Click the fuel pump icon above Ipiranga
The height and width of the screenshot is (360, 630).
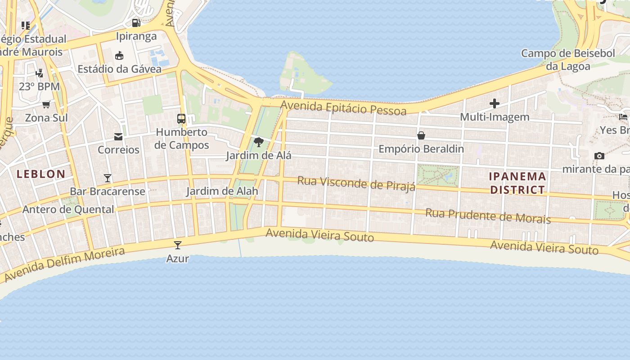136,22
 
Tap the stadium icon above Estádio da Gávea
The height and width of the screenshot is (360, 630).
119,56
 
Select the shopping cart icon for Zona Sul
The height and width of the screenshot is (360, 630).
46,105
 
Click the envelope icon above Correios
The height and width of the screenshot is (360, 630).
118,136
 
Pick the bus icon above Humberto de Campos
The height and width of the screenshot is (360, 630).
181,119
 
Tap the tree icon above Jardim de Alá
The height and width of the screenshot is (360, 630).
258,143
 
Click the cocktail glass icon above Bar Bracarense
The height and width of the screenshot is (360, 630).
108,178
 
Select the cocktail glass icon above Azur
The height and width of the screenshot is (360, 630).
178,245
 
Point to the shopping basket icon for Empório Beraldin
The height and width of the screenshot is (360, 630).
421,135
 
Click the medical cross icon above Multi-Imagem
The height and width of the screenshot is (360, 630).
495,104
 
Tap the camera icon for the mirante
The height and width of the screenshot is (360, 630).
599,156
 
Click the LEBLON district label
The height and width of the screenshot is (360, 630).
41,174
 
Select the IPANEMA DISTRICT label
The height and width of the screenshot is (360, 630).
517,183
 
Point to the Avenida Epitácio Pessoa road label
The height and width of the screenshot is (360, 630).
343,108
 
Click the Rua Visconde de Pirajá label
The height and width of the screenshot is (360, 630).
356,184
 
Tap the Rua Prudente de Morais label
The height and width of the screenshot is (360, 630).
488,216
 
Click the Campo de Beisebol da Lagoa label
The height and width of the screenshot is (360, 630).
568,59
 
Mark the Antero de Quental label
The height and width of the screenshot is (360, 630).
68,209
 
